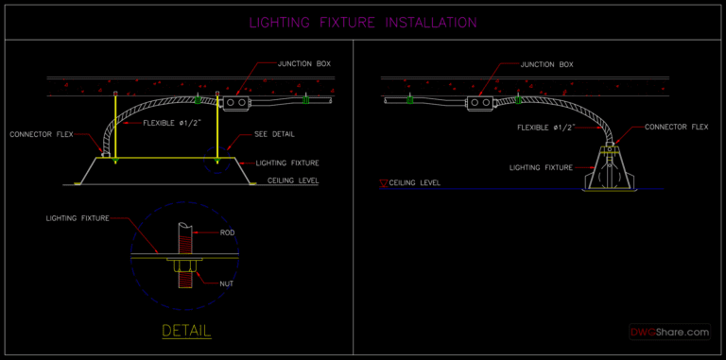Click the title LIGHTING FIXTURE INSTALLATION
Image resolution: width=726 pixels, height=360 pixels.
(363, 23)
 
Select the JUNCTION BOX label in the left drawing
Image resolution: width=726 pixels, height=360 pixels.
(303, 64)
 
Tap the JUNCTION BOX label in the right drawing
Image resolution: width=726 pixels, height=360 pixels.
(546, 64)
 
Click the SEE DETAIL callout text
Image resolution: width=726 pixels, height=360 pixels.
(274, 134)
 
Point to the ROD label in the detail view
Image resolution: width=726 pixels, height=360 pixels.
(227, 232)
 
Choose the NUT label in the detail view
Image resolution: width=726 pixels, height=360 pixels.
(227, 283)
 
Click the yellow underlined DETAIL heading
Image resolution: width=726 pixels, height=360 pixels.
(186, 331)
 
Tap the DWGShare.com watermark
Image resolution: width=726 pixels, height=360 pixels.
(670, 332)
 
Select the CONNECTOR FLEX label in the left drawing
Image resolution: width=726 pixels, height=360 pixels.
(42, 134)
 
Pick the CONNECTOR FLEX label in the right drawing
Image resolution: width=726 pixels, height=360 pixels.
(676, 127)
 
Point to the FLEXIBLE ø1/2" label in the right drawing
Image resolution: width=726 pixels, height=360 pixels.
(547, 127)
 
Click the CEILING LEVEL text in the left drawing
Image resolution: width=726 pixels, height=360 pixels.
(293, 179)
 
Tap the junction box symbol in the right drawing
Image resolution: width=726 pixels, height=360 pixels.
(483, 99)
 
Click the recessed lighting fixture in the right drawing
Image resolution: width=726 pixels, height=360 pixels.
(613, 172)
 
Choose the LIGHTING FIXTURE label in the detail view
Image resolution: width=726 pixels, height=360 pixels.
(78, 218)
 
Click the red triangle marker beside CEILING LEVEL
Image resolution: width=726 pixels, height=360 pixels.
(383, 181)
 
